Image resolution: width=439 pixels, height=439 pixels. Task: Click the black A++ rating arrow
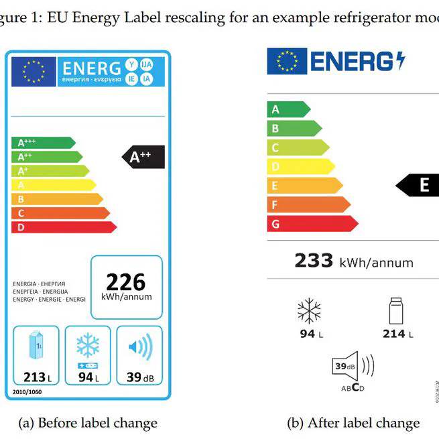[x=144, y=157]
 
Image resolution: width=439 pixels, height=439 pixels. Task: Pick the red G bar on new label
[x=312, y=224]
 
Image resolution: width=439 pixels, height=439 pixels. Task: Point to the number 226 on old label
[x=126, y=281]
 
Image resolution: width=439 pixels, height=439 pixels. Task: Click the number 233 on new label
[x=314, y=260]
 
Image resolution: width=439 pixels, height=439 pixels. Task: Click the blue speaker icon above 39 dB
[x=139, y=347]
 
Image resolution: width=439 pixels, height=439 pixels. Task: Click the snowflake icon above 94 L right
[x=310, y=312]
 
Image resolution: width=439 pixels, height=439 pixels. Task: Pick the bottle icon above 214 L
[x=397, y=312]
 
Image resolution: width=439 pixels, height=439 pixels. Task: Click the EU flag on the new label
[x=286, y=61]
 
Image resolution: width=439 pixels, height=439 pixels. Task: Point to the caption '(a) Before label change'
[x=88, y=422]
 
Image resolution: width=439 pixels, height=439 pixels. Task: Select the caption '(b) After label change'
[x=353, y=422]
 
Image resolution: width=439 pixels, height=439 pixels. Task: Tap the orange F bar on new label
[x=308, y=204]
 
